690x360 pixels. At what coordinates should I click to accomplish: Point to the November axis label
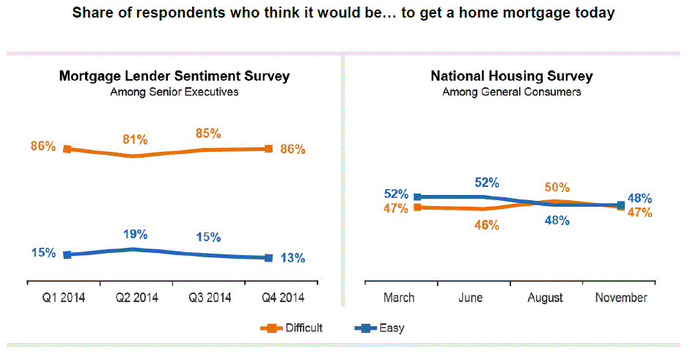pos(621,298)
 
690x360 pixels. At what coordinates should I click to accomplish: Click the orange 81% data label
pos(135,139)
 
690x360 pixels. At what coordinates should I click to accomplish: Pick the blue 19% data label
pos(135,235)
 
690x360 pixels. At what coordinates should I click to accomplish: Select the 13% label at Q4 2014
pos(293,258)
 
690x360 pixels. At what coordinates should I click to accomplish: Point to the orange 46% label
pos(486,225)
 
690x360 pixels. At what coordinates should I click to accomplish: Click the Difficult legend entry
pos(301,328)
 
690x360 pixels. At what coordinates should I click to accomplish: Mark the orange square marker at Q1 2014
pos(67,149)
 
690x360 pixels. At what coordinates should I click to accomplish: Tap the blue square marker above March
pos(417,196)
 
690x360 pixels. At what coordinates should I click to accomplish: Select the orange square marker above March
pos(417,207)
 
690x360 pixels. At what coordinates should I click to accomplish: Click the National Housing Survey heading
pos(511,76)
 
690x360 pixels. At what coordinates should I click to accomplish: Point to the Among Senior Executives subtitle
pos(174,92)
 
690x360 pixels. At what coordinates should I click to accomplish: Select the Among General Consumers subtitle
pos(511,92)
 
